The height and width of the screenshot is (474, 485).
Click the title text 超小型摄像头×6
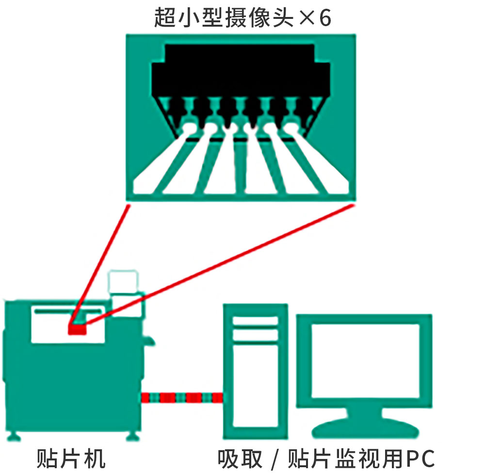[x=242, y=18]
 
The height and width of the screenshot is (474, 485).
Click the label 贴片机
[x=71, y=458]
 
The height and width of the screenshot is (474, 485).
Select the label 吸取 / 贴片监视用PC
[x=326, y=458]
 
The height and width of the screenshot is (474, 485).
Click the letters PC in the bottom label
[x=420, y=458]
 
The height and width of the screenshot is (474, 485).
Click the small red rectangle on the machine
[x=77, y=330]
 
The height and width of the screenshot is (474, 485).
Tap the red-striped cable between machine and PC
[x=182, y=398]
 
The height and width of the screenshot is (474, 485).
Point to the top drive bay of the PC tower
[x=255, y=321]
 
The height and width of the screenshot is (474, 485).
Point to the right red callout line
[x=218, y=262]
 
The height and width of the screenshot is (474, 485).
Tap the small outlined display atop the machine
[x=123, y=281]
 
